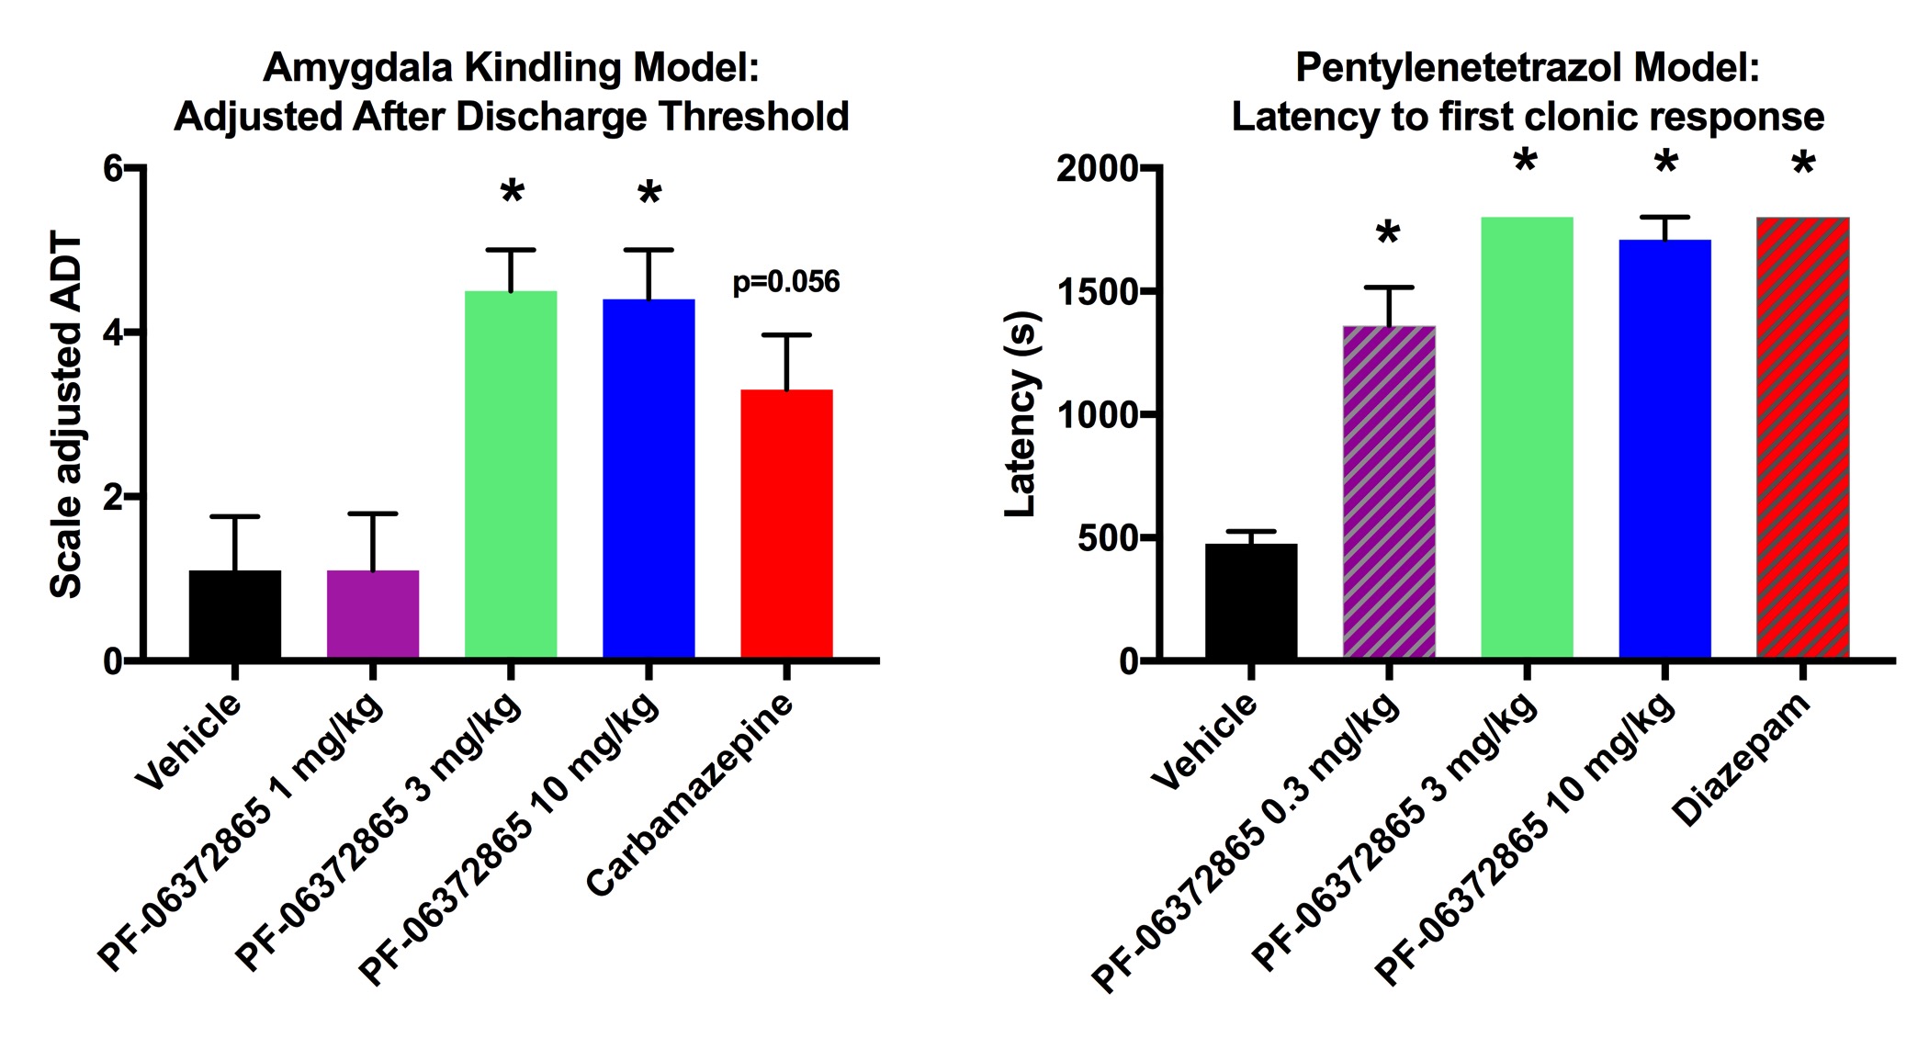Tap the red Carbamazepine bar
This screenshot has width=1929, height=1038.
(x=786, y=524)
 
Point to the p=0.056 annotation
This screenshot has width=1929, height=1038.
(x=786, y=282)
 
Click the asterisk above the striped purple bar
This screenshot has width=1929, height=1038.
(x=1388, y=235)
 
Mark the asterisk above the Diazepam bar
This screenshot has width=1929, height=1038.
(x=1803, y=167)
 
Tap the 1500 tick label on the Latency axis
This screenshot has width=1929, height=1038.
(x=1097, y=292)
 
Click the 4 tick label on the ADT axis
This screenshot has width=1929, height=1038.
(x=113, y=333)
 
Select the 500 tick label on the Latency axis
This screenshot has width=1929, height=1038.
(x=1108, y=538)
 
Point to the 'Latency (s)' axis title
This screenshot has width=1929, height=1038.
(x=1020, y=415)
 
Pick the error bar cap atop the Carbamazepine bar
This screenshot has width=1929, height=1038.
(x=786, y=335)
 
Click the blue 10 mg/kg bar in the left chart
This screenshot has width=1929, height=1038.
(x=649, y=478)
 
